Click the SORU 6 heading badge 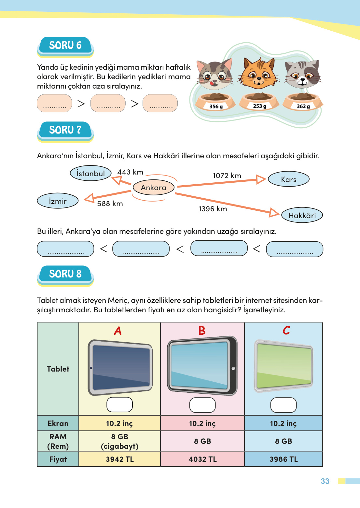(65, 46)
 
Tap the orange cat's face (259, 74)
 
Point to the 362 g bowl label (303, 106)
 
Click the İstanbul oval (90, 173)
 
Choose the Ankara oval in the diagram (154, 188)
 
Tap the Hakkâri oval (302, 215)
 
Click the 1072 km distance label (227, 176)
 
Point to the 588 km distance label (110, 204)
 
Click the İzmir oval (58, 201)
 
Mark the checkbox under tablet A (119, 404)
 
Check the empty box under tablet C (283, 405)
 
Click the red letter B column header (202, 331)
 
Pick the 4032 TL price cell (202, 459)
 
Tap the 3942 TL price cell (119, 459)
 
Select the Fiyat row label (58, 459)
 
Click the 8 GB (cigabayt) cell (119, 441)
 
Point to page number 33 (325, 481)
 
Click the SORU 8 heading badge (65, 274)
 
